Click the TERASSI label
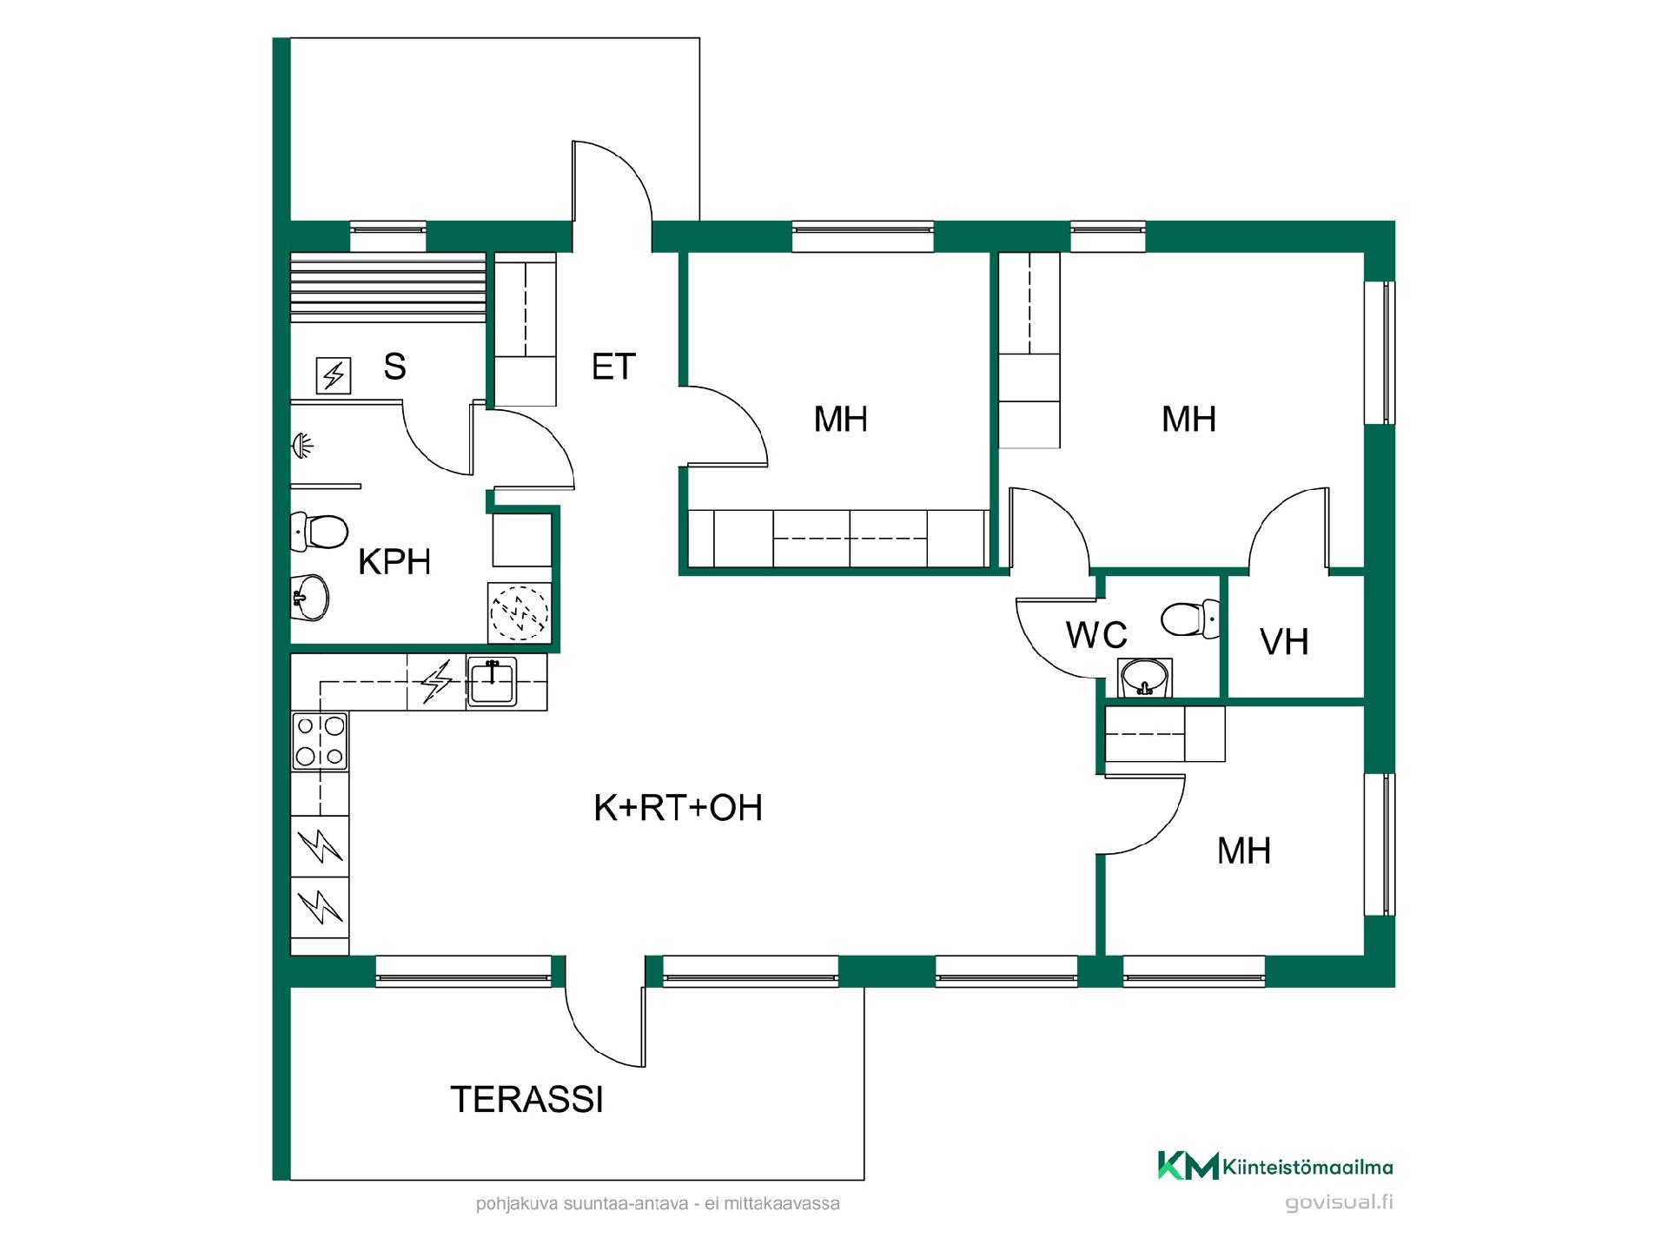pyautogui.click(x=526, y=1100)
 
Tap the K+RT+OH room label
pyautogui.click(x=678, y=808)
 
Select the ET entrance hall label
pyautogui.click(x=613, y=367)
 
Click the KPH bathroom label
pyautogui.click(x=394, y=562)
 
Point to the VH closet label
pyautogui.click(x=1284, y=642)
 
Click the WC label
pyautogui.click(x=1097, y=635)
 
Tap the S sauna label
pyautogui.click(x=394, y=367)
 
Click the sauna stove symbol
pyautogui.click(x=333, y=376)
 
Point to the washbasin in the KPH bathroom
pyautogui.click(x=309, y=598)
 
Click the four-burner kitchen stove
pyautogui.click(x=320, y=741)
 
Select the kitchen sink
pyautogui.click(x=492, y=681)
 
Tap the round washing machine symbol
pyautogui.click(x=520, y=612)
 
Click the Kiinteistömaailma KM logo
pyautogui.click(x=1274, y=1166)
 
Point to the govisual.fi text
pyautogui.click(x=1339, y=1203)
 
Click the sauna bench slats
pyautogui.click(x=387, y=288)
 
